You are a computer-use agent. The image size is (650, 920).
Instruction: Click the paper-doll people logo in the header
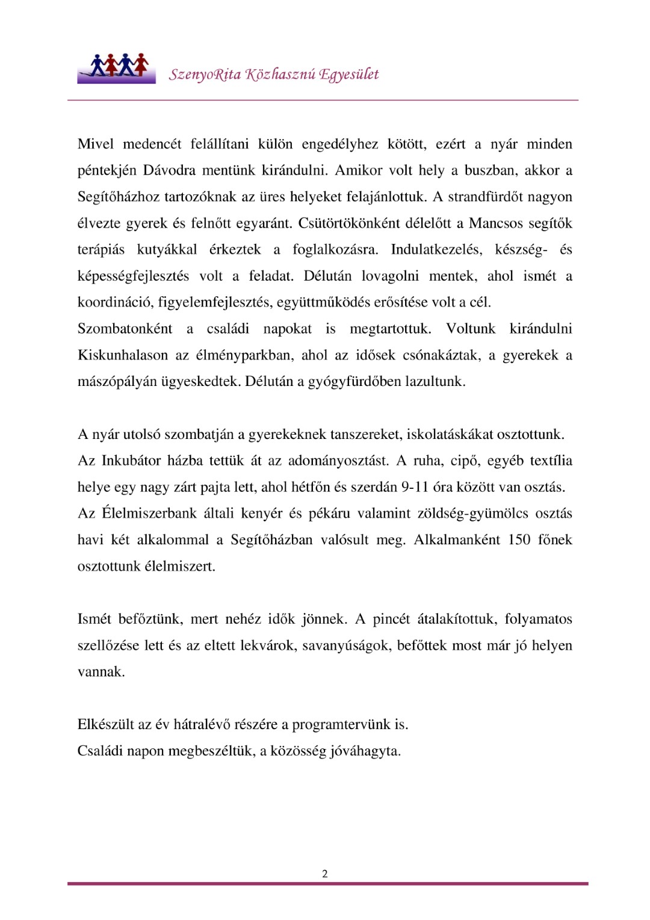[x=116, y=67]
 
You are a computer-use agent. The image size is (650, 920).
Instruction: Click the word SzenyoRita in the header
[x=205, y=75]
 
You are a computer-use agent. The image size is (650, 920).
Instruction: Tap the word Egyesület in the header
[x=349, y=75]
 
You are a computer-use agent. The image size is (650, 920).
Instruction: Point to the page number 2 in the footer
[x=325, y=874]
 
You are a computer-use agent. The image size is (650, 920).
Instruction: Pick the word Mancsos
[x=496, y=223]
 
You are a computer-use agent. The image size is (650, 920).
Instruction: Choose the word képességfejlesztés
[x=133, y=276]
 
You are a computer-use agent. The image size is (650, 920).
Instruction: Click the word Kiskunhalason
[x=123, y=355]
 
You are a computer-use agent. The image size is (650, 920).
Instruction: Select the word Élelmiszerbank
[x=149, y=514]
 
